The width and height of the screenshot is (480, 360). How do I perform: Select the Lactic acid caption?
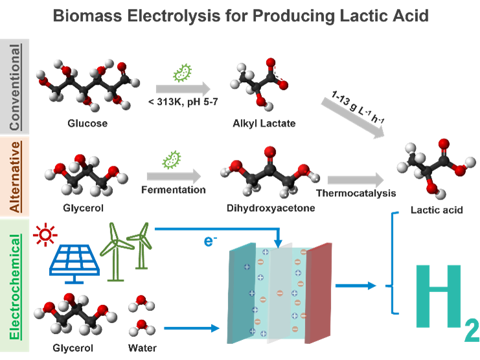tap(437, 210)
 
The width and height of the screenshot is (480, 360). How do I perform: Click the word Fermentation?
tap(173, 190)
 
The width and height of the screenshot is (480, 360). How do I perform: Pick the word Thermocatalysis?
tap(356, 193)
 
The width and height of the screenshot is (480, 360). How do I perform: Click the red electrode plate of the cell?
tap(319, 291)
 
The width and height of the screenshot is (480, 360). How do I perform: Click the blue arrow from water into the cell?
tap(192, 328)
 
